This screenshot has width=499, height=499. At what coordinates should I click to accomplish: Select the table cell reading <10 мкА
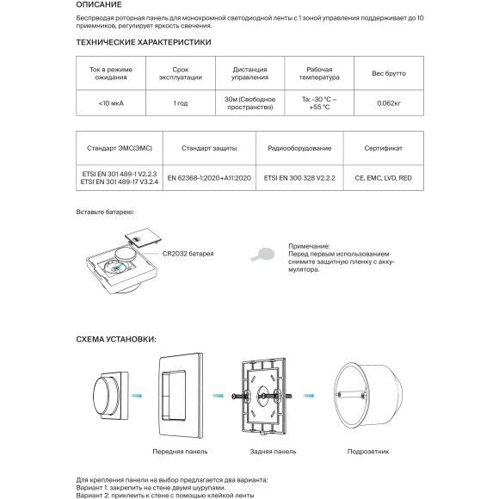click(x=112, y=103)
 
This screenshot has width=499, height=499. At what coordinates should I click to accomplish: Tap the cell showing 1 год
click(x=181, y=103)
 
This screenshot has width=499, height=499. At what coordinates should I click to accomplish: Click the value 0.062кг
click(x=387, y=103)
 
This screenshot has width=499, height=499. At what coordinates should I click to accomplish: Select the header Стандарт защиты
click(x=209, y=148)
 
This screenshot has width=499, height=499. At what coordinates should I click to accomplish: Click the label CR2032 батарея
click(x=188, y=255)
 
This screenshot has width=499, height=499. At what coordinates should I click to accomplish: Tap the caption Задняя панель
click(x=275, y=451)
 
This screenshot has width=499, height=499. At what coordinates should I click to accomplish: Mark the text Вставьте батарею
click(x=106, y=212)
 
